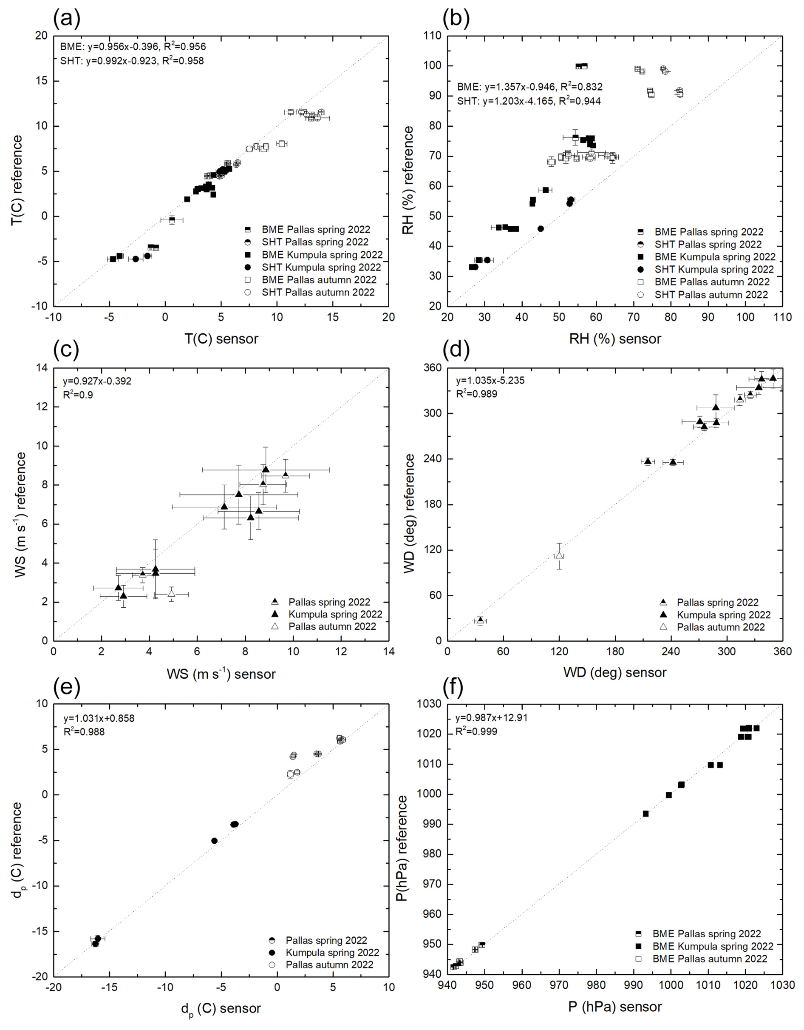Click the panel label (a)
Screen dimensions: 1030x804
(67, 18)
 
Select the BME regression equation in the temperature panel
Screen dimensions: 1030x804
(133, 47)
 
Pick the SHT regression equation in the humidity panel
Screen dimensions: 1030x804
(529, 100)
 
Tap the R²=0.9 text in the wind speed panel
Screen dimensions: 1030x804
(78, 395)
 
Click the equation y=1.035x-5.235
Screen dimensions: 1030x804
(490, 380)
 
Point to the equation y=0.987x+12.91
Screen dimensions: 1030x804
(492, 717)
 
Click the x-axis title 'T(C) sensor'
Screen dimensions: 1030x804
(221, 339)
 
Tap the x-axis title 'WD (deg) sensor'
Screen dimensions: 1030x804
(614, 672)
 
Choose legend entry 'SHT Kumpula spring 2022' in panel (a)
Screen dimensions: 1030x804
(321, 267)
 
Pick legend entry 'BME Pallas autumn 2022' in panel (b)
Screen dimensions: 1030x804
(712, 282)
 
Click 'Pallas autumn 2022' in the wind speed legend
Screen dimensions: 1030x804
(332, 626)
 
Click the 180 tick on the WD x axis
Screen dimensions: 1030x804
(614, 651)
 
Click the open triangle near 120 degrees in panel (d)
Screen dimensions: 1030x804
(559, 555)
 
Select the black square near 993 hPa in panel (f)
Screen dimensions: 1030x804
(645, 814)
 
